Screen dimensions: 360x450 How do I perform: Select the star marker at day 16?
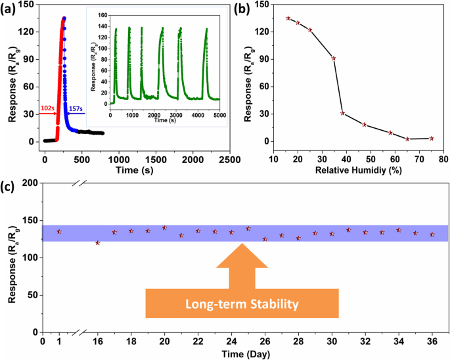pos(98,243)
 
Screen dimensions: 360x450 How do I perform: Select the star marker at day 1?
pos(59,232)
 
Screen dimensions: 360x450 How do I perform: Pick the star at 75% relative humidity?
pos(431,139)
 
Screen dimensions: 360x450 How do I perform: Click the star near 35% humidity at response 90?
pos(334,58)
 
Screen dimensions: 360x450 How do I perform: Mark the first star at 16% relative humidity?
pos(288,18)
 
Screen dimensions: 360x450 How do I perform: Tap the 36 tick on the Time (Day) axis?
pos(432,341)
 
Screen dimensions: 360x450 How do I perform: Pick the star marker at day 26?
pos(265,239)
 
